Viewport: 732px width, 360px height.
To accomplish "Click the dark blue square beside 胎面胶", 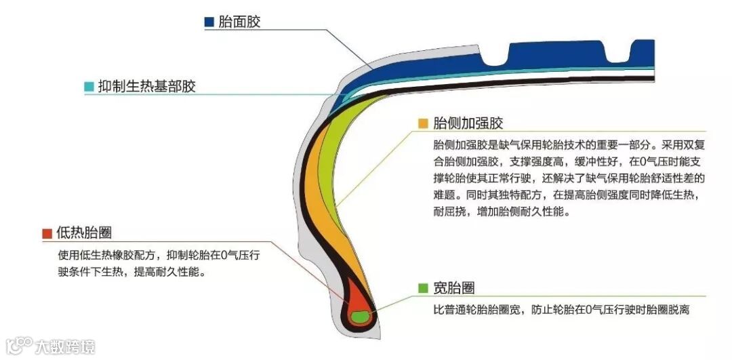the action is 209,22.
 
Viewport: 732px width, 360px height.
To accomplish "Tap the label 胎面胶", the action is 239,22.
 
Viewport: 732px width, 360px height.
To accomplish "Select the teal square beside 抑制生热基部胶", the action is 89,87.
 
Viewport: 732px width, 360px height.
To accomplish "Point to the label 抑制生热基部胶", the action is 146,87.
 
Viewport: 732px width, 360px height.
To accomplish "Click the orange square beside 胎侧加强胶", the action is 423,123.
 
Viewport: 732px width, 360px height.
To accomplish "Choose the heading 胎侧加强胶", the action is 468,123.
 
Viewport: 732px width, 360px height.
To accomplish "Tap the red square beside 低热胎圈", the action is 47,233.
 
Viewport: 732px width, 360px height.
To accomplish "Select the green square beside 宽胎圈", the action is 423,288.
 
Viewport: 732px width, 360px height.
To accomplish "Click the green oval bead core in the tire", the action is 360,315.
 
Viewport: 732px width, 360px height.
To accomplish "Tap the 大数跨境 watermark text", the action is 65,346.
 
